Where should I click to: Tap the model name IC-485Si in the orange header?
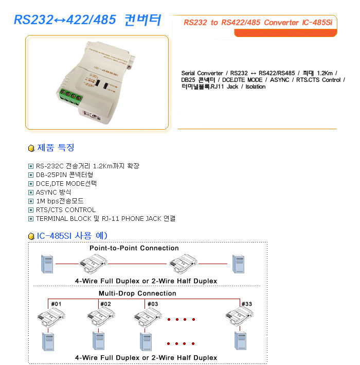pyautogui.click(x=317, y=22)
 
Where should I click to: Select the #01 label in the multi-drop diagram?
pyautogui.click(x=56, y=304)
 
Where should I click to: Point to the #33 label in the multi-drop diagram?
pyautogui.click(x=246, y=304)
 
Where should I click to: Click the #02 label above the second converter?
pyautogui.click(x=105, y=304)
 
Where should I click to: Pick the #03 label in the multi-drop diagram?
pyautogui.click(x=153, y=304)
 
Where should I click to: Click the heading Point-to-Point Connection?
pyautogui.click(x=134, y=248)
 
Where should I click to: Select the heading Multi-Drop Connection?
pyautogui.click(x=137, y=293)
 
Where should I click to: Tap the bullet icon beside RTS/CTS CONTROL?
pyautogui.click(x=31, y=210)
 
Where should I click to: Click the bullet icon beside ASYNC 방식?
pyautogui.click(x=31, y=193)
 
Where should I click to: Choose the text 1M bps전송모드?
pyautogui.click(x=60, y=201)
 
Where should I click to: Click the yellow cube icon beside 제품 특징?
pyautogui.click(x=31, y=148)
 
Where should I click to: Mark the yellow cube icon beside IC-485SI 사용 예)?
pyautogui.click(x=31, y=236)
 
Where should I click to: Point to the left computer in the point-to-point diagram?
pyautogui.click(x=47, y=264)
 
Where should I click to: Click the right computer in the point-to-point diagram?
pyautogui.click(x=239, y=264)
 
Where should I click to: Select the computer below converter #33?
pyautogui.click(x=240, y=341)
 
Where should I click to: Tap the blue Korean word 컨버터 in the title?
pyautogui.click(x=143, y=20)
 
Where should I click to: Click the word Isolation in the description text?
pyautogui.click(x=256, y=86)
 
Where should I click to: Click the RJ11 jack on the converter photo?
pyautogui.click(x=93, y=115)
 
